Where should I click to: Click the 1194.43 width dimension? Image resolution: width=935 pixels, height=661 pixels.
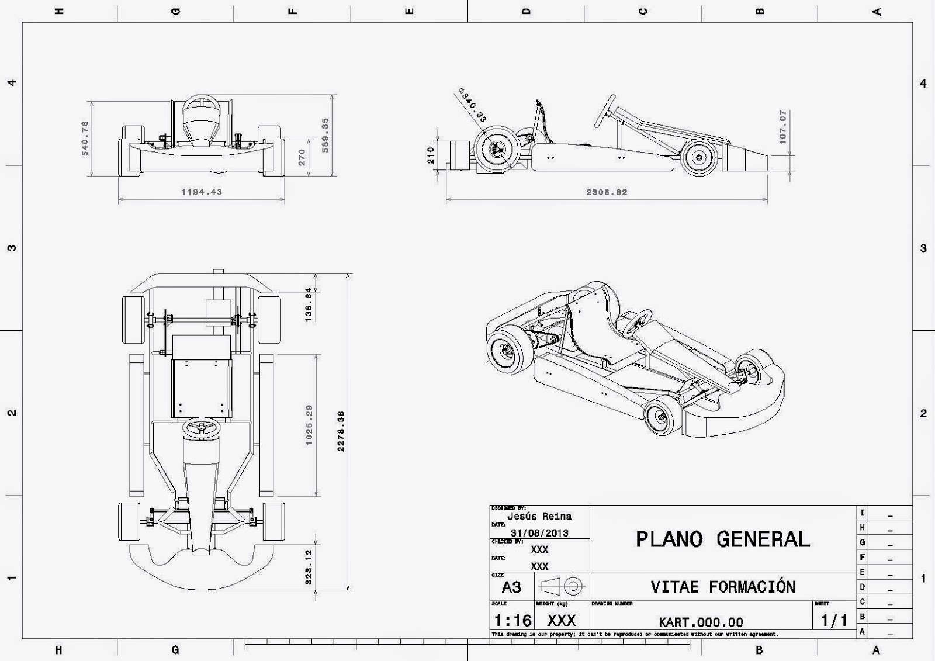[202, 192]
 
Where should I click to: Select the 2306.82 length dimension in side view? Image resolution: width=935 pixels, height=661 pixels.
[607, 192]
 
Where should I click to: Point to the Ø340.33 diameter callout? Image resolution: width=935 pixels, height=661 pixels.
[472, 106]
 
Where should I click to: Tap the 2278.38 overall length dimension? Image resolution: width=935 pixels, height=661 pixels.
[341, 431]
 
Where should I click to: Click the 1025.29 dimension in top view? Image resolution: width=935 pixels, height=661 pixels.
[309, 425]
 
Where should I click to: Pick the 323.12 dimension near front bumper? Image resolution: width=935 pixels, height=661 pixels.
[309, 567]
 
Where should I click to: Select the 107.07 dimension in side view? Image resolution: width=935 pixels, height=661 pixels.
[783, 127]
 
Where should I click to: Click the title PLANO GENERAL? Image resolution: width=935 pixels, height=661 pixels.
[723, 539]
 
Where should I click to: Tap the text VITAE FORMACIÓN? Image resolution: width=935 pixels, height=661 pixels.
[723, 587]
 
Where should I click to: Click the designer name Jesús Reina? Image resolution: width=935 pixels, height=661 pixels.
[539, 516]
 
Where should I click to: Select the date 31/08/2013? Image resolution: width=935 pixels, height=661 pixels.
[539, 533]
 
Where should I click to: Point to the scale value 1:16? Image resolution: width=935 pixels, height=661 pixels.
[512, 620]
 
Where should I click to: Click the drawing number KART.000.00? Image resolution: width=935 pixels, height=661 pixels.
[701, 622]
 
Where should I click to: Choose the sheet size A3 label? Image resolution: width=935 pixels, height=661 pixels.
[511, 587]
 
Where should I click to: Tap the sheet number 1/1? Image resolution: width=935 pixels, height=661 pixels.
[834, 620]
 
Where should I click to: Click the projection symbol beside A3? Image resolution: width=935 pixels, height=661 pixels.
[563, 586]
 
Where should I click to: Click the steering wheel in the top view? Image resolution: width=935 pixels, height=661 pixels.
[201, 428]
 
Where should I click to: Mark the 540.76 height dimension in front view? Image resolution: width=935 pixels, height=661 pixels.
[85, 139]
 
